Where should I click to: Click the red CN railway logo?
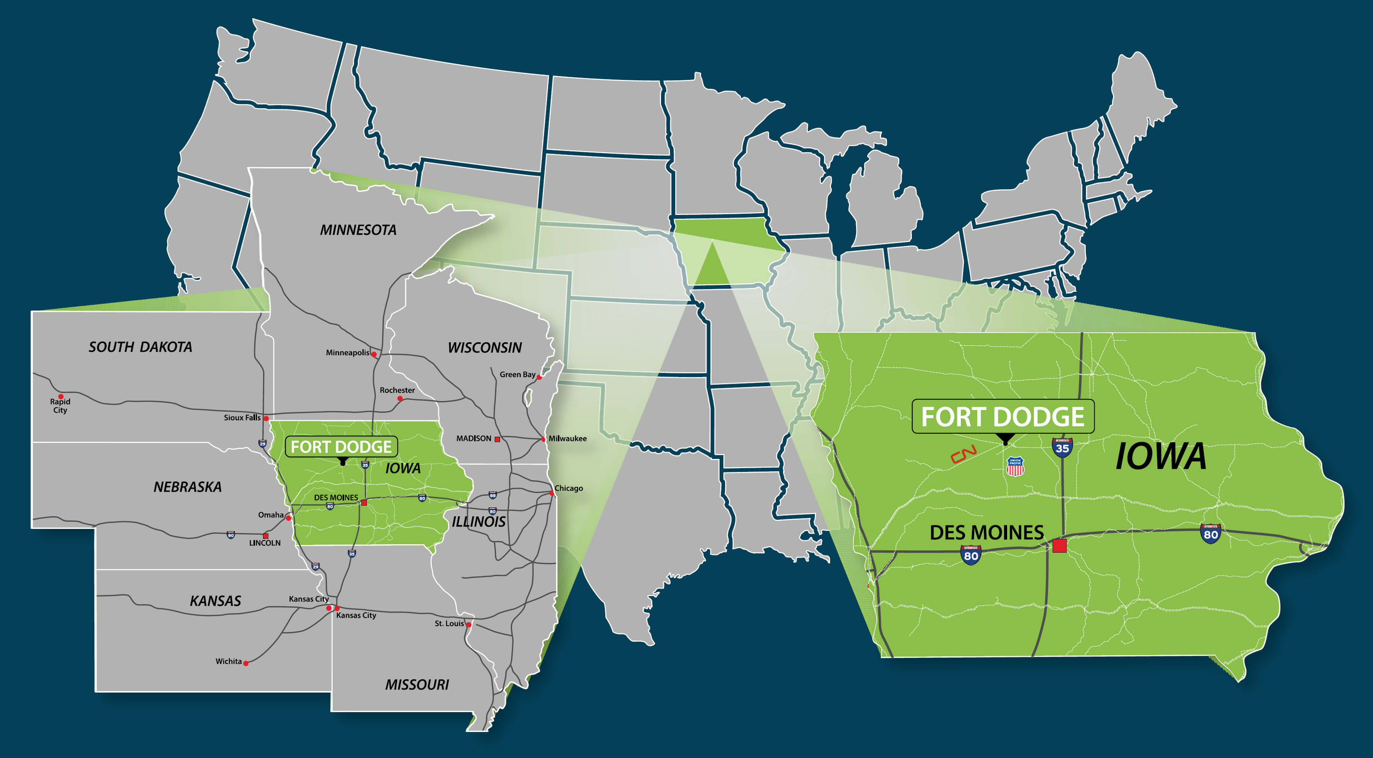[963, 454]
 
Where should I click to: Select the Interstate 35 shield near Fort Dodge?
[1062, 447]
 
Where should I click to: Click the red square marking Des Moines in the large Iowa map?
[1059, 545]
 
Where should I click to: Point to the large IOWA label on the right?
[1160, 456]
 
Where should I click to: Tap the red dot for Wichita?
[246, 663]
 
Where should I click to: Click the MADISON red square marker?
[497, 439]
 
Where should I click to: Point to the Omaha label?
[271, 515]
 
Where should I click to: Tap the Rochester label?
[397, 390]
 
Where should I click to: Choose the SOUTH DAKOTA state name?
[140, 347]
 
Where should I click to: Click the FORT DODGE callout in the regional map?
[341, 447]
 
